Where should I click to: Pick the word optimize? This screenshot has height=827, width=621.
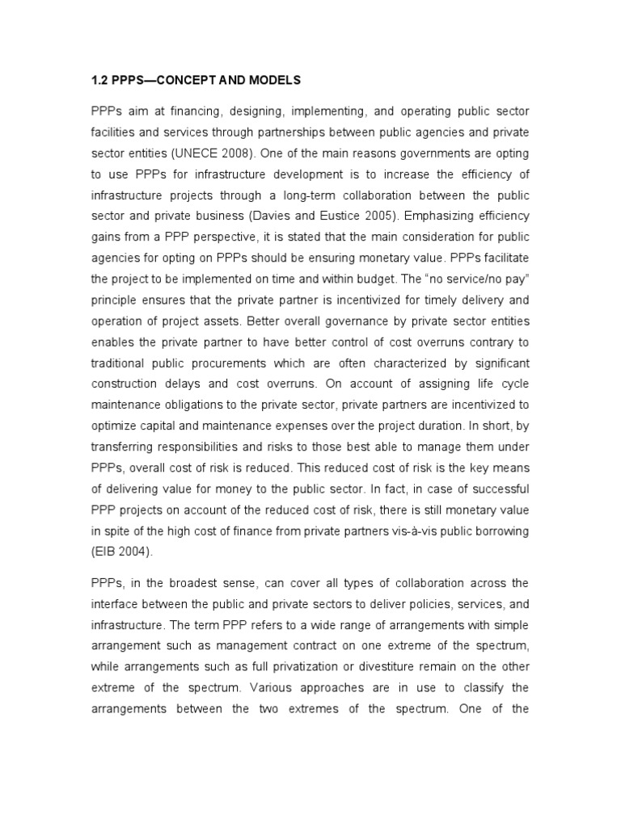[115, 423]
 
